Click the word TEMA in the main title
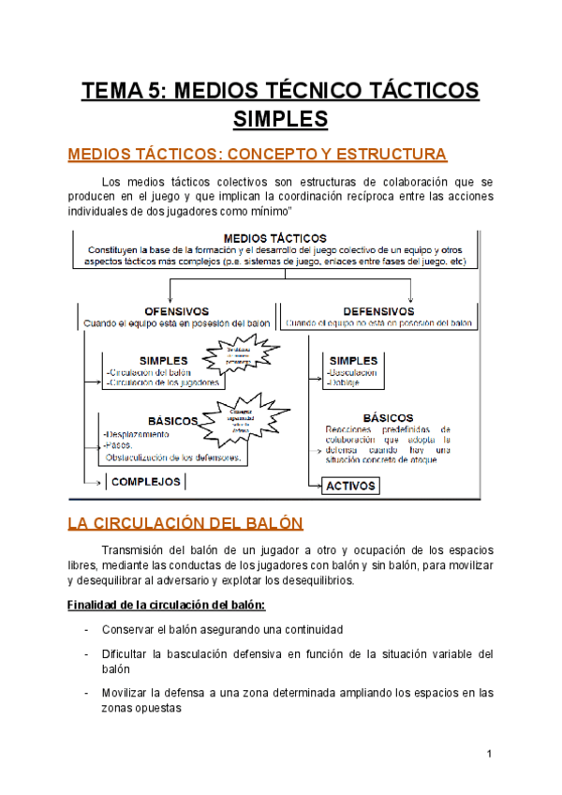click(x=112, y=91)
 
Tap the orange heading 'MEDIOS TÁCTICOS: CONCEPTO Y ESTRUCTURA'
click(x=258, y=154)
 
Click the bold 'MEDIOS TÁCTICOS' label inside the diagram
click(x=275, y=238)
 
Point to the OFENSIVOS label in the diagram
click(x=176, y=310)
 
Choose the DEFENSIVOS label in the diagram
click(x=378, y=310)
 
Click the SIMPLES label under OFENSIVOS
click(x=163, y=360)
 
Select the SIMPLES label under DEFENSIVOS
click(x=353, y=360)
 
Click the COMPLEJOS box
click(x=146, y=482)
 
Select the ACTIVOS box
click(x=350, y=486)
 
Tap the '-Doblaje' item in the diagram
click(x=344, y=382)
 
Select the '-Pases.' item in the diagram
click(x=121, y=446)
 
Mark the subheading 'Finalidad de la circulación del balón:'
click(x=167, y=604)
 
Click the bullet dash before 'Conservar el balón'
click(x=86, y=629)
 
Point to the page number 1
click(x=489, y=754)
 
